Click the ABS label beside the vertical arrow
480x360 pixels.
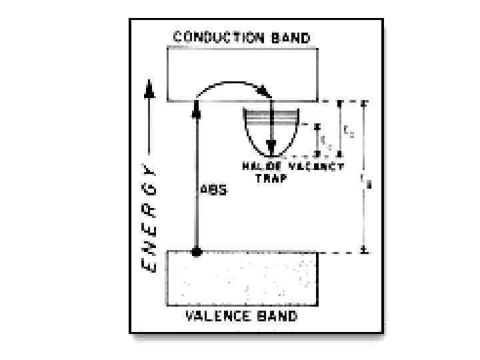[213, 190]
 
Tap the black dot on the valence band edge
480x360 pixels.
[196, 252]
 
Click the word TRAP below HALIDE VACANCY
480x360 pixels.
[271, 178]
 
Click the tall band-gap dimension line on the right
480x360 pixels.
[364, 177]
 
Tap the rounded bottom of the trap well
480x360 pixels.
[271, 155]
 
